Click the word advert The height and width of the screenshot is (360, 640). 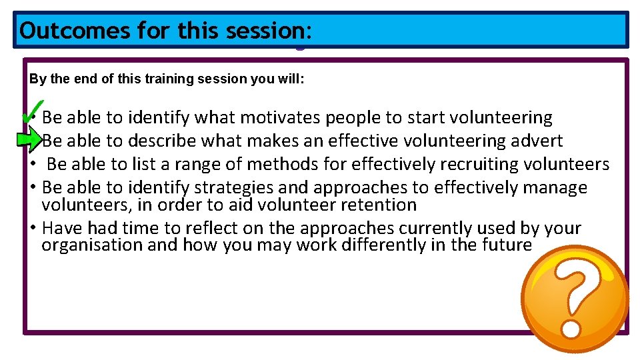(x=537, y=141)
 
